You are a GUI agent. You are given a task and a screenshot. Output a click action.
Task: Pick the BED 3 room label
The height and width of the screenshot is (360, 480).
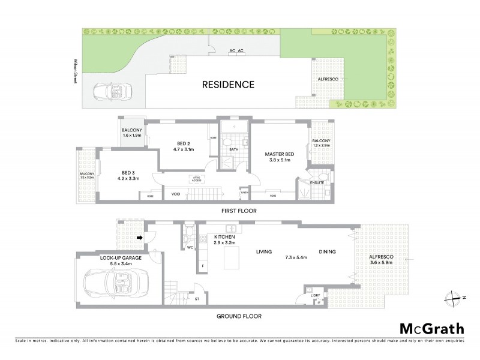127,172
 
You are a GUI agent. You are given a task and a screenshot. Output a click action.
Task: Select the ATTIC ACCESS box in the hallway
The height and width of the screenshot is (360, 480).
196,178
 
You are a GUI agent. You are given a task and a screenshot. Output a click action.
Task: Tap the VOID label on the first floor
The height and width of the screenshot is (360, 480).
176,194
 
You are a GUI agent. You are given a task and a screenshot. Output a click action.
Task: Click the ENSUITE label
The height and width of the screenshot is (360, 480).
317,182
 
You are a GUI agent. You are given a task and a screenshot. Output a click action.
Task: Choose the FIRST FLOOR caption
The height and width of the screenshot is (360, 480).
238,211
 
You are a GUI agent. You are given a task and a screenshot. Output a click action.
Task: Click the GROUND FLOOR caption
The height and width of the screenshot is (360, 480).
238,316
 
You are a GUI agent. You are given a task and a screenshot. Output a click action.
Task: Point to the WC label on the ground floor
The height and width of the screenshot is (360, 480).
190,247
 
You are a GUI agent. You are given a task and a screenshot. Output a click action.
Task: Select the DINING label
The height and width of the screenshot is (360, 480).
327,252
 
